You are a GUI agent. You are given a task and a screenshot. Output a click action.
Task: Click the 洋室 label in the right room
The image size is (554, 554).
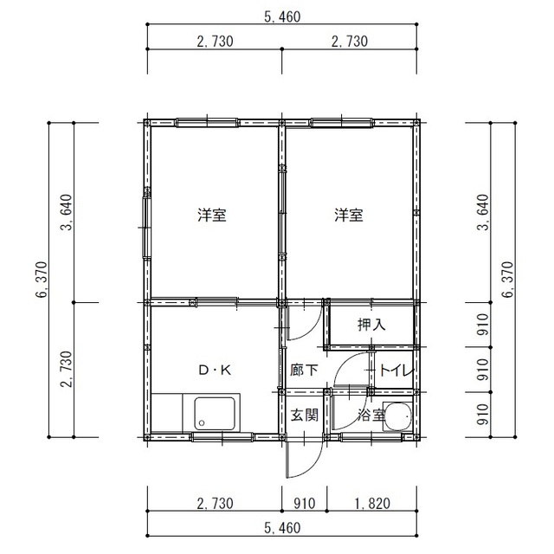pos(349,215)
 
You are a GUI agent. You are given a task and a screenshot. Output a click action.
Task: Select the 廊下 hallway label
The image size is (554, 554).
pos(304,370)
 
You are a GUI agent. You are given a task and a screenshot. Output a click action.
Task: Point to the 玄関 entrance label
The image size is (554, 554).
pos(304,415)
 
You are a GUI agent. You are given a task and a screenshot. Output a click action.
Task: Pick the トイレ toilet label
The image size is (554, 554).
pos(396,370)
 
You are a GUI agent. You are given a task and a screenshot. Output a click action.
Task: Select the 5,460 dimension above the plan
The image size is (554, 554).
pos(282,16)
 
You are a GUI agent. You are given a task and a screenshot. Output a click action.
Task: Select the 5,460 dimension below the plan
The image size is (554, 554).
pos(282,527)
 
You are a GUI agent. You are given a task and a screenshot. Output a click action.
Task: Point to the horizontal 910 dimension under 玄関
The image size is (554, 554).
pos(302,503)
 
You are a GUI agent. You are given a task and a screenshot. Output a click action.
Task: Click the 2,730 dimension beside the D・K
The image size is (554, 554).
pos(66,370)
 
